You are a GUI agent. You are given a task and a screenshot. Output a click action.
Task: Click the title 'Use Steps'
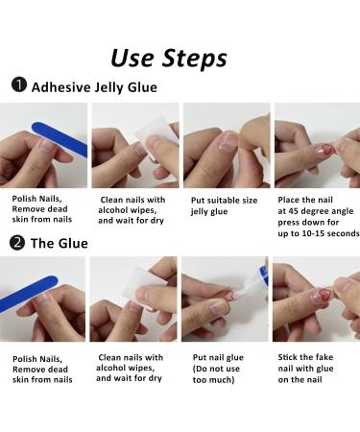[169, 57]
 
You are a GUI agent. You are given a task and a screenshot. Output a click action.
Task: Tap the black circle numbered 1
[18, 86]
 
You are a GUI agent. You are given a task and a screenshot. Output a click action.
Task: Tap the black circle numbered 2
[18, 243]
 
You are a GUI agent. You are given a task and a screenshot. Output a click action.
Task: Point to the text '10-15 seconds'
[327, 234]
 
